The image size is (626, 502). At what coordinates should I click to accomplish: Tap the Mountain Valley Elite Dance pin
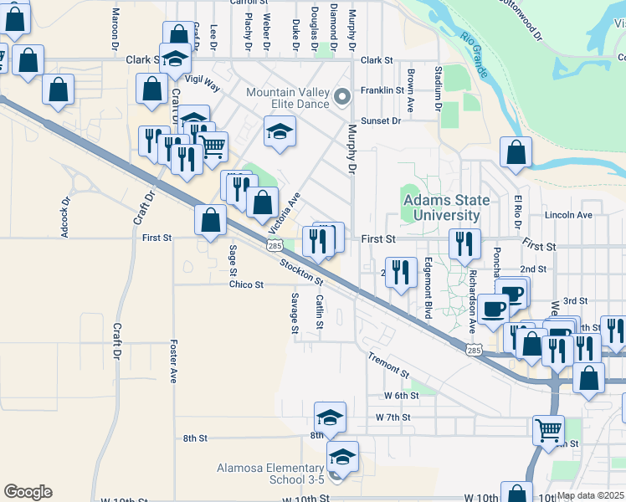click(341, 98)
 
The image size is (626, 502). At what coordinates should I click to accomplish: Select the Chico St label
click(247, 284)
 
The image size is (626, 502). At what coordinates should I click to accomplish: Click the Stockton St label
click(301, 269)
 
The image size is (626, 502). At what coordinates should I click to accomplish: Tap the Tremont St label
click(387, 364)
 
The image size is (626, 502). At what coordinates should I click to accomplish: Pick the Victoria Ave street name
click(284, 213)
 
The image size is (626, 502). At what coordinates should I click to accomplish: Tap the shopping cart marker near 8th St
click(548, 428)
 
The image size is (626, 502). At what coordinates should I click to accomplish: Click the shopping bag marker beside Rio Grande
click(516, 152)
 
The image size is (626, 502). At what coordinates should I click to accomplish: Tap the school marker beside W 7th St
click(331, 416)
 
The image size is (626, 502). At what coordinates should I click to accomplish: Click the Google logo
click(28, 492)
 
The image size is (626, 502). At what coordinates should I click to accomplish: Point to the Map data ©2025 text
click(589, 495)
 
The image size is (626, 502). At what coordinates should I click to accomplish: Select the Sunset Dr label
click(381, 120)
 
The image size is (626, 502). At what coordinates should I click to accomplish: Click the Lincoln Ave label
click(568, 215)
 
